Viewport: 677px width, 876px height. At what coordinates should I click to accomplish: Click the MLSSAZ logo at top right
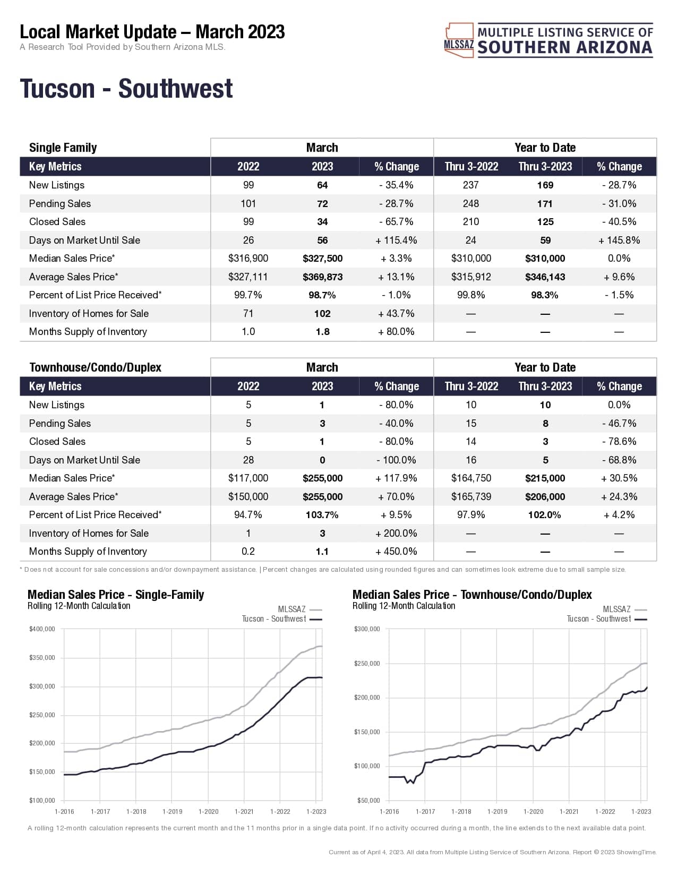pos(548,40)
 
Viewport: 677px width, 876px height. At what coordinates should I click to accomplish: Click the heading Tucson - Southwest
pos(126,89)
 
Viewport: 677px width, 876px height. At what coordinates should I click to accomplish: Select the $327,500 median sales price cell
pos(322,259)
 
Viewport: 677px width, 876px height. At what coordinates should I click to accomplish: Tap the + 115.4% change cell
pos(396,241)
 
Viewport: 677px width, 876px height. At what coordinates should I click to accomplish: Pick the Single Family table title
pos(63,148)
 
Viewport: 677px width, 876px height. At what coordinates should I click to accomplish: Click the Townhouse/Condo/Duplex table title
pos(95,367)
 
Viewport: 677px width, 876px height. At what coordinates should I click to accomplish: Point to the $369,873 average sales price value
pos(322,277)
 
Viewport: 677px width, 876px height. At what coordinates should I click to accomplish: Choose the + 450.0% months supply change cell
pos(396,552)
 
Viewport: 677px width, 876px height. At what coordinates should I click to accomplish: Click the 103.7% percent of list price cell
pos(322,515)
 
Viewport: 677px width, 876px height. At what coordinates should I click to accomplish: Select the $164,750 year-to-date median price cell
pos(471,478)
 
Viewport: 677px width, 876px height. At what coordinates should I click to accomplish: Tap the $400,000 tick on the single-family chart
pos(42,629)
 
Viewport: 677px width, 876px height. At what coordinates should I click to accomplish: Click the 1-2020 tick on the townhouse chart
pos(533,811)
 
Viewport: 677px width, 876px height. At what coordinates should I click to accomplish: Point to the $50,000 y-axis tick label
pos(367,800)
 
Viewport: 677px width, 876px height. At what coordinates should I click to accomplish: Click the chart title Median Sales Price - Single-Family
pos(116,595)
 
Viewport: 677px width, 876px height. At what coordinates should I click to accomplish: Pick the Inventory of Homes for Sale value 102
pos(322,314)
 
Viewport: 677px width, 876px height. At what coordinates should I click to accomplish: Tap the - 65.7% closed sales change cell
pos(396,222)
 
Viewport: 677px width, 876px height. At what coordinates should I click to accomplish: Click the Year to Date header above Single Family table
pos(545,148)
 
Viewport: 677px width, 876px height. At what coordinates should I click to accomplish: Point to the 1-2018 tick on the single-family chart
pos(136,811)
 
